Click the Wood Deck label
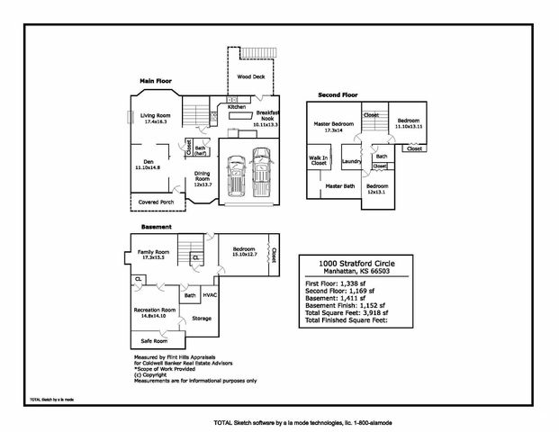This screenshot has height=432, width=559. [250, 77]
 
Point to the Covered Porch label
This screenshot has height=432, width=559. [156, 202]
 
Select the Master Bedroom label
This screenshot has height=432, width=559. [333, 126]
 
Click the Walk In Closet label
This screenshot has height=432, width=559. [318, 161]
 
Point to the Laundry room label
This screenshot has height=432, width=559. [352, 162]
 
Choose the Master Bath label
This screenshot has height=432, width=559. [339, 186]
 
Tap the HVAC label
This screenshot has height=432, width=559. [210, 294]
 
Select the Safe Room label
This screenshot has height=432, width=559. [155, 342]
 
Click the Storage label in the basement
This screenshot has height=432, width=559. [202, 318]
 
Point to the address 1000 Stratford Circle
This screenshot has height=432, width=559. [357, 263]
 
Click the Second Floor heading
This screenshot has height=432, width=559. [337, 94]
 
